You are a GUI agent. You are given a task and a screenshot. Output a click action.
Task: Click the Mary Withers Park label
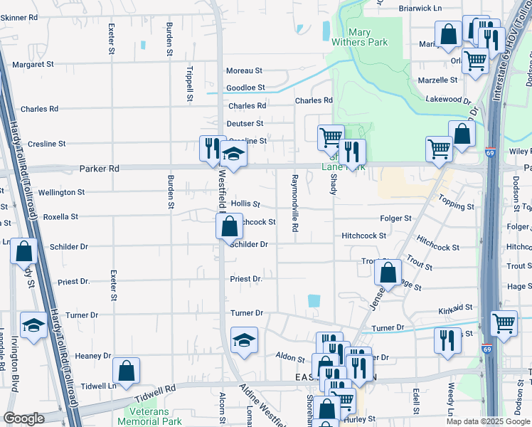368,37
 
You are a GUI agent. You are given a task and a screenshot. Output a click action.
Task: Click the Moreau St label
244,71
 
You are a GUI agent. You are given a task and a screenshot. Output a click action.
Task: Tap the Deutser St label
245,124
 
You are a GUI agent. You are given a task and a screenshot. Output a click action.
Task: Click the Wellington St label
61,192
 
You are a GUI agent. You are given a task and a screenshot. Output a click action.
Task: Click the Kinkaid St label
455,307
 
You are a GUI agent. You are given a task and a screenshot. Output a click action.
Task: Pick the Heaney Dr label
93,356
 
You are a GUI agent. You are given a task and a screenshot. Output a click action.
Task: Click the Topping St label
456,206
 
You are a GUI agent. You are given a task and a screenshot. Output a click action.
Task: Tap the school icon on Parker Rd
233,152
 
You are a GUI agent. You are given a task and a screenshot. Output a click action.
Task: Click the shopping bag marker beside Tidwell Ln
126,370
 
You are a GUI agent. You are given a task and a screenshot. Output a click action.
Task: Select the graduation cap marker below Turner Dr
244,339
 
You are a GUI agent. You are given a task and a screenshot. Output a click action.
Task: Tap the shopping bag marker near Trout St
388,272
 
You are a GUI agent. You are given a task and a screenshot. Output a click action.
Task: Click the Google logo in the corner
23,418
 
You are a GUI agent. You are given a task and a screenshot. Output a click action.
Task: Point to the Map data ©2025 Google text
487,421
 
